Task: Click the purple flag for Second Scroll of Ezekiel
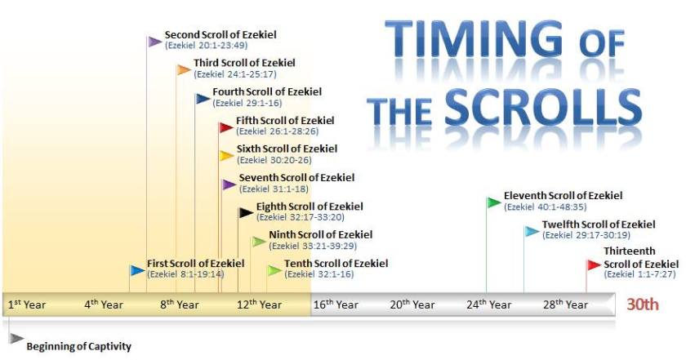click(x=154, y=42)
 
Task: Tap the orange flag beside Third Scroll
click(x=184, y=70)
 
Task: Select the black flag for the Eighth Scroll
click(x=246, y=213)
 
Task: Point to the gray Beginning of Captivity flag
click(x=16, y=339)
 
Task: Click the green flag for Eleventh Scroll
click(x=494, y=202)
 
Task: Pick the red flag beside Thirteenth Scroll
click(x=594, y=265)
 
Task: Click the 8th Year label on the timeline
click(x=180, y=304)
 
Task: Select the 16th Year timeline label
click(x=336, y=304)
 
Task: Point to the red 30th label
click(x=642, y=304)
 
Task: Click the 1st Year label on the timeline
click(x=27, y=304)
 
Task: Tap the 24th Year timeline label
click(x=488, y=304)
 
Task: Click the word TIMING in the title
click(x=474, y=38)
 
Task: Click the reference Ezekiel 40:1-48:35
click(x=546, y=207)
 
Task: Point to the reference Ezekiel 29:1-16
click(x=247, y=103)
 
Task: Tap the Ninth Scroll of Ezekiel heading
click(x=321, y=234)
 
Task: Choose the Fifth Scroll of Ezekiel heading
click(x=285, y=120)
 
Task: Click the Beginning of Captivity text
click(x=78, y=346)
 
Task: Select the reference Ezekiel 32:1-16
click(x=319, y=274)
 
